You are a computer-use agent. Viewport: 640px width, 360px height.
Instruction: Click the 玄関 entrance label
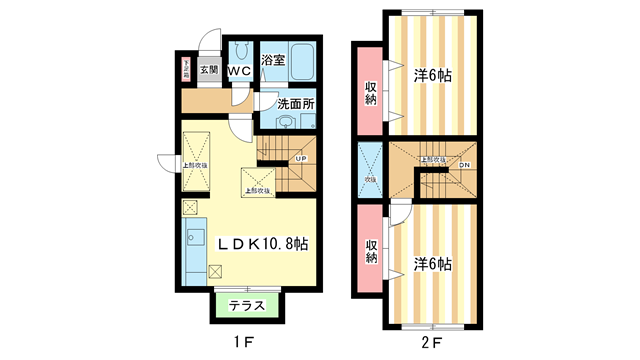207,70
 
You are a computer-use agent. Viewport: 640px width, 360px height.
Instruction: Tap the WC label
240,71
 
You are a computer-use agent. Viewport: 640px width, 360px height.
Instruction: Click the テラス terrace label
246,306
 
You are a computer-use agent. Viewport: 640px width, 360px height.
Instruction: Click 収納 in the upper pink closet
370,91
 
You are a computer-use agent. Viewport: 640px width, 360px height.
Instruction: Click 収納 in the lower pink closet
370,250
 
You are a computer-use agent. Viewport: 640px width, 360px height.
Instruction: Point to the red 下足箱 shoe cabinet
186,70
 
